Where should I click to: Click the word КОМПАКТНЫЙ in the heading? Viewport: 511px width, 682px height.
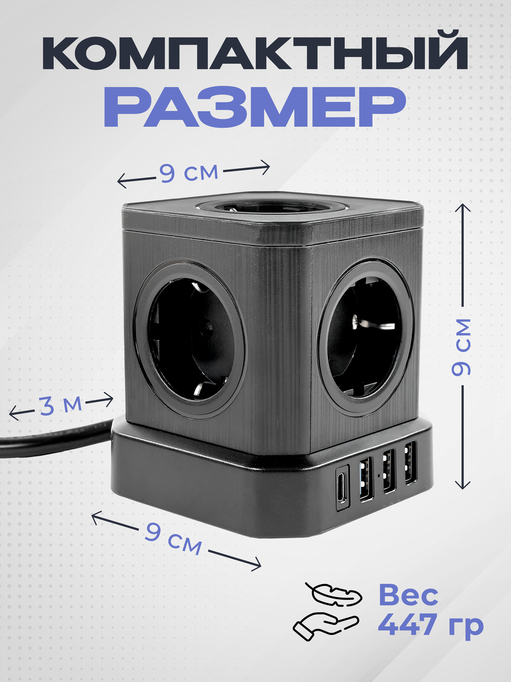coord(255,51)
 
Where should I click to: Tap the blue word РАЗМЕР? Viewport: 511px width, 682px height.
coord(255,106)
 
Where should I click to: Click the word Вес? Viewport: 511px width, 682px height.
coord(408,595)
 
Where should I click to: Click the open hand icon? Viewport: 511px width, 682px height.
coord(325,625)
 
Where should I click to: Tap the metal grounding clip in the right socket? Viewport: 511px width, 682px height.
coord(370,323)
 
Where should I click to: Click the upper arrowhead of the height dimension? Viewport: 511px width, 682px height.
coord(463,207)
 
